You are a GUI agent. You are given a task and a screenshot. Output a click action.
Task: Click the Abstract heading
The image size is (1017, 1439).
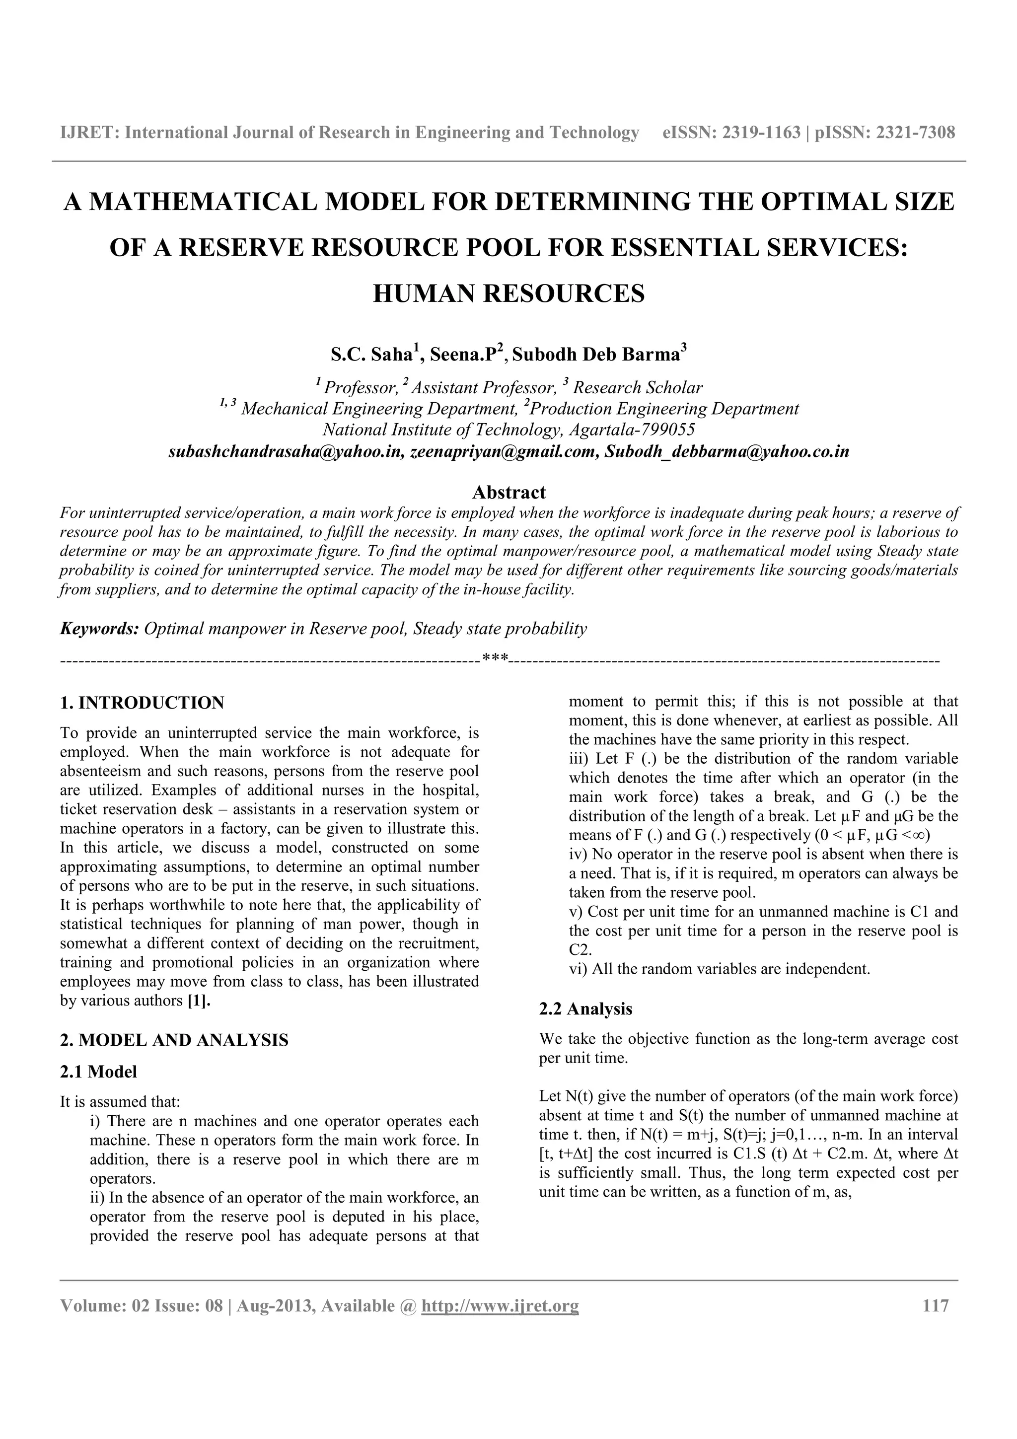tap(508, 492)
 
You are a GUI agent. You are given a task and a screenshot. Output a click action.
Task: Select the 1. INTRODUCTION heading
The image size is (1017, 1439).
tap(142, 703)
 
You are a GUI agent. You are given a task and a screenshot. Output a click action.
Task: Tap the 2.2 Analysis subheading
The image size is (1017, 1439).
tap(585, 1008)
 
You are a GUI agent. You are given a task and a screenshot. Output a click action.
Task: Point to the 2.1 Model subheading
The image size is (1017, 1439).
tap(98, 1071)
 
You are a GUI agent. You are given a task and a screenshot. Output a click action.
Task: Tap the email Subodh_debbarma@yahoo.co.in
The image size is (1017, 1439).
tap(727, 452)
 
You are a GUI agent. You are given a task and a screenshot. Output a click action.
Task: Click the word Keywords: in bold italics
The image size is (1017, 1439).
tap(99, 629)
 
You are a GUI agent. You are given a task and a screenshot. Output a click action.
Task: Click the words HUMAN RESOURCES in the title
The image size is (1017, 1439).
tap(508, 293)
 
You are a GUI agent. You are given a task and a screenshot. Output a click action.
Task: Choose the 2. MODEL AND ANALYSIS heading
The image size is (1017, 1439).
tap(174, 1040)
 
